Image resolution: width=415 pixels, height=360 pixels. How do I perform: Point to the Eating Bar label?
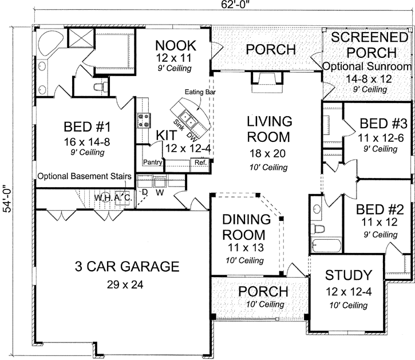(198, 92)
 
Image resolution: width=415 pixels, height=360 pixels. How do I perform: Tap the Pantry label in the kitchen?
(152, 162)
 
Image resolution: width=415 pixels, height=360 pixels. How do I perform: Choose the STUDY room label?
(348, 276)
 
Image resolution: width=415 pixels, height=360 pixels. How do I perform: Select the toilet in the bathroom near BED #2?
(318, 230)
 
